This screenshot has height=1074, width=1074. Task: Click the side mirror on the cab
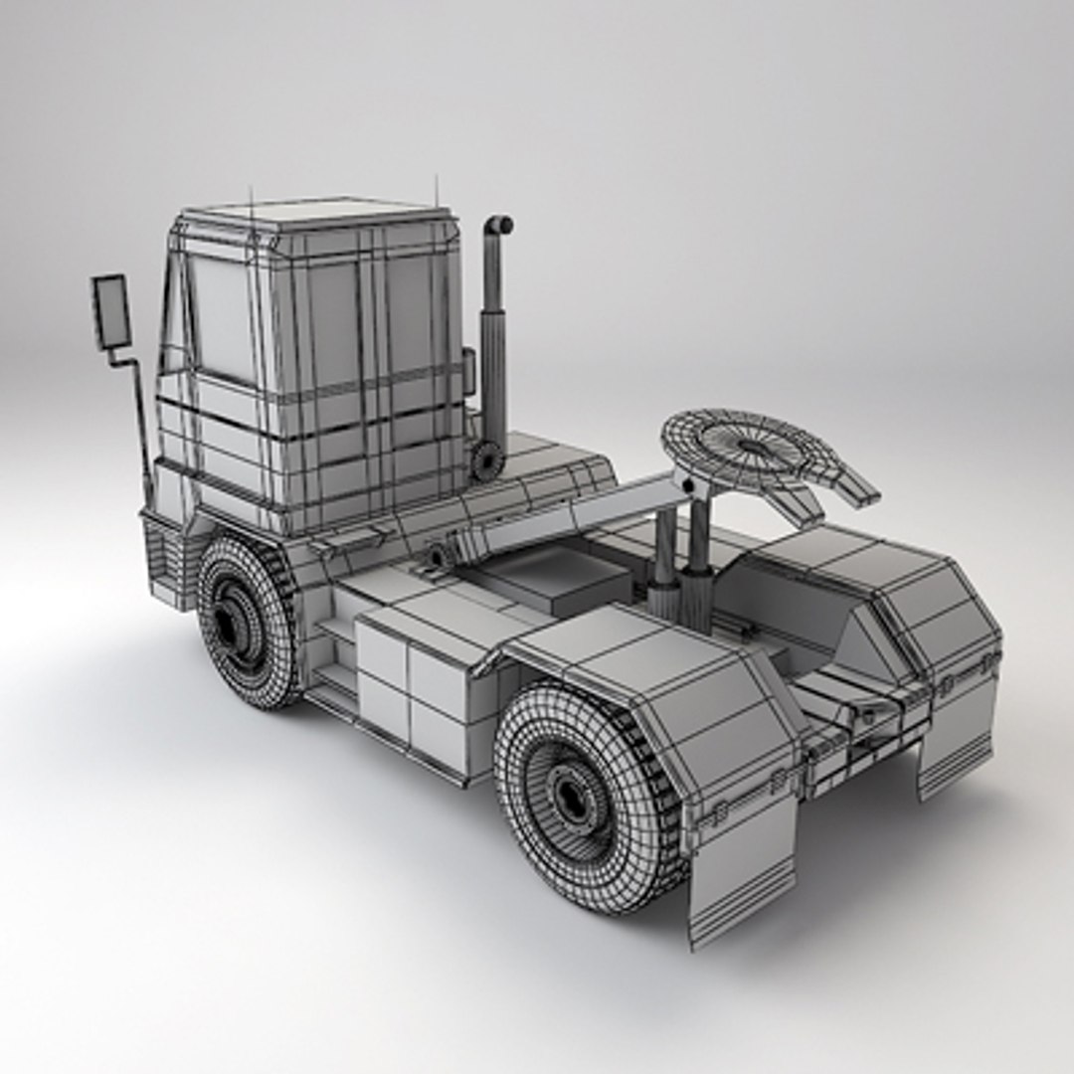111,310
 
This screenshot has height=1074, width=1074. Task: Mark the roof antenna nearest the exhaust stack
436,191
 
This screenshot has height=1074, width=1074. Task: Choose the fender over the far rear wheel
895,587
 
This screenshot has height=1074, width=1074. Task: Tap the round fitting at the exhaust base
486,460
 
